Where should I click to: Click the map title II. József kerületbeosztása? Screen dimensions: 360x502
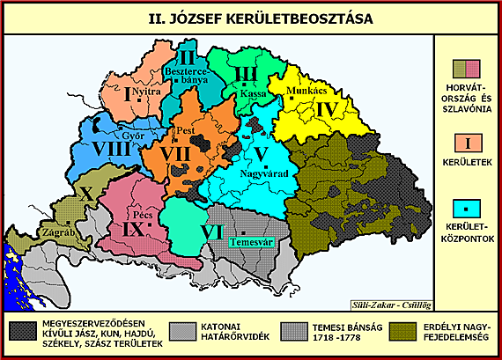(x=250, y=17)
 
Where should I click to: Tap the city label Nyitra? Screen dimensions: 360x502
(x=145, y=92)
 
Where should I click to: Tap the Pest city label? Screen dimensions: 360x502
(x=186, y=130)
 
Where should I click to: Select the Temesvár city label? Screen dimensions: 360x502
(x=248, y=241)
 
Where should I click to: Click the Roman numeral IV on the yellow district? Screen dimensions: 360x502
(x=327, y=110)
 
